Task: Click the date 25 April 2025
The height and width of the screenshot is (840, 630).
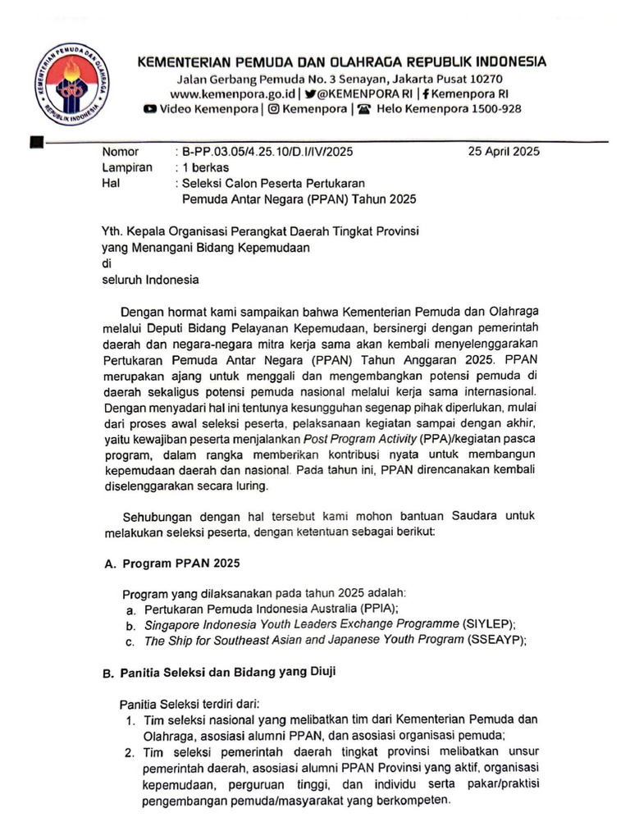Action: point(503,152)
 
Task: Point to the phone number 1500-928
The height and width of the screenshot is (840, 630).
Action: point(490,109)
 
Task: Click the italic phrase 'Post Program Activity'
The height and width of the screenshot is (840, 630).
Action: point(361,438)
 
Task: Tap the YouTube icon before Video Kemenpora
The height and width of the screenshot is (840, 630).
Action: point(150,109)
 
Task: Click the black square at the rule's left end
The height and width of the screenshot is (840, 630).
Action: point(35,142)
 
